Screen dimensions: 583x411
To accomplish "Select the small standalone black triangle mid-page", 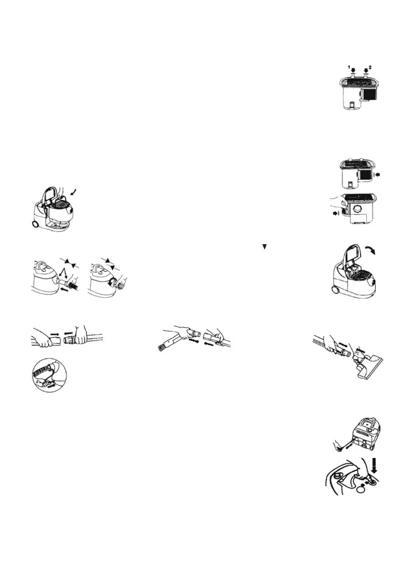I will coord(264,247).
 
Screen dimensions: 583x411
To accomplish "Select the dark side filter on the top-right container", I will coord(368,95).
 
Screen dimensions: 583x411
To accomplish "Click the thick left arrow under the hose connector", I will coord(65,289).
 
